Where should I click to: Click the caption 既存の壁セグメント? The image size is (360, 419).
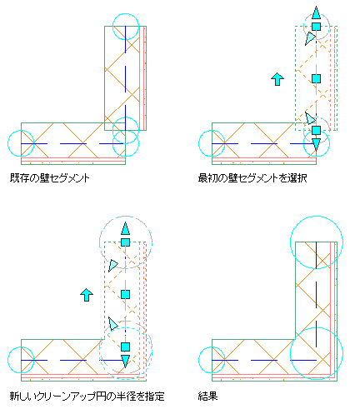click(x=50, y=178)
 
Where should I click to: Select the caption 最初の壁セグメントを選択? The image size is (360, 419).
click(x=252, y=178)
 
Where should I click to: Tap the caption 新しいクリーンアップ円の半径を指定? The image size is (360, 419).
click(x=87, y=397)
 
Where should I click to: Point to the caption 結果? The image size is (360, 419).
click(x=207, y=397)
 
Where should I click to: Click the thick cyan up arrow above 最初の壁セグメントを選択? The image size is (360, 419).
click(x=277, y=79)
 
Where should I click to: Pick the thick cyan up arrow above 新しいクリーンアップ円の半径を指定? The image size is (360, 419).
click(x=87, y=295)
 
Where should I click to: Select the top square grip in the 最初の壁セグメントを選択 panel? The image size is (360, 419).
click(x=316, y=27)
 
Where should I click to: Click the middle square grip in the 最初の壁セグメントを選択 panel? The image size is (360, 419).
click(x=316, y=79)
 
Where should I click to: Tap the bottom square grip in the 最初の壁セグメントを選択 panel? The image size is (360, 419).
click(x=316, y=130)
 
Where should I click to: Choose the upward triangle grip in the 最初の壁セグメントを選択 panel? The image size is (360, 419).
click(x=316, y=13)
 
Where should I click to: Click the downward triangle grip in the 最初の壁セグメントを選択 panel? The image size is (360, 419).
click(x=316, y=144)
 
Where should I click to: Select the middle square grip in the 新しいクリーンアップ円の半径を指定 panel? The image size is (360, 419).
click(x=125, y=294)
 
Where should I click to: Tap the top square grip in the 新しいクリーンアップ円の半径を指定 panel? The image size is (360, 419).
click(x=125, y=242)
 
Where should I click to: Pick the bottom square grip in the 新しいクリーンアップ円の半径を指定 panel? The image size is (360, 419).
click(x=125, y=347)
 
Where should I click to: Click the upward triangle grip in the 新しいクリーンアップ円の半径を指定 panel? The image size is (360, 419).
click(x=125, y=228)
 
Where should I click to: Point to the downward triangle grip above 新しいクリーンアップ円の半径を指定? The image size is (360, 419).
click(x=125, y=362)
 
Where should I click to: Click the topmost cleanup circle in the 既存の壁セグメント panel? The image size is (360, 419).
click(x=138, y=27)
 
